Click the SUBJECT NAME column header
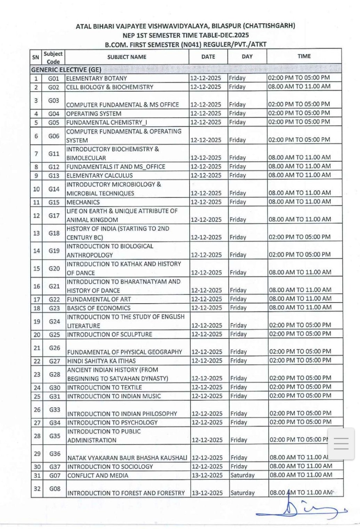click(127, 57)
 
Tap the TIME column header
click(304, 56)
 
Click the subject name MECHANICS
click(83, 202)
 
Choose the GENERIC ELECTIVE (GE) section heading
click(66, 70)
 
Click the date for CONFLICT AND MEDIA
click(207, 475)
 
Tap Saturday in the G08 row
click(242, 493)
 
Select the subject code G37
click(55, 467)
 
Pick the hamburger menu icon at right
click(341, 444)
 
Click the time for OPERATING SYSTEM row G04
click(299, 113)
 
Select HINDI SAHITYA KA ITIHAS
click(101, 361)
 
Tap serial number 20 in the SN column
click(37, 335)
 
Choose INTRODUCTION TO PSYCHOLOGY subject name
click(112, 423)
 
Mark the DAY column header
click(247, 57)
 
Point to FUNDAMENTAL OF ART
click(99, 299)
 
